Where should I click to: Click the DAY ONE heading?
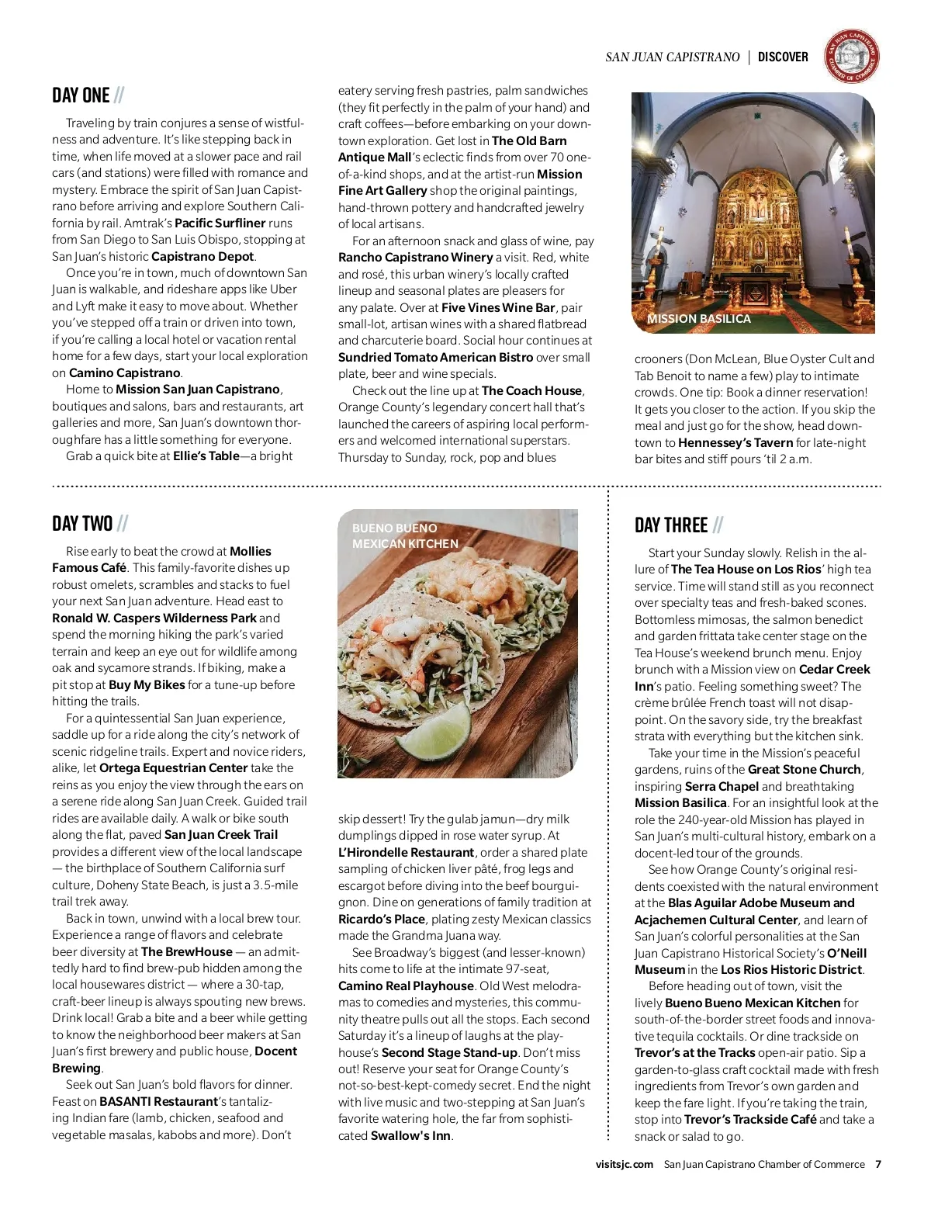click(81, 95)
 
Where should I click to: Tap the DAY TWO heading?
click(82, 524)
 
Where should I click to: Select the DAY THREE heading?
click(671, 525)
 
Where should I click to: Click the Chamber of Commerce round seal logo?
click(851, 57)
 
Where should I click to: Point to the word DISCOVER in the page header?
click(783, 57)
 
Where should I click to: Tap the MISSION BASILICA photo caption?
click(698, 319)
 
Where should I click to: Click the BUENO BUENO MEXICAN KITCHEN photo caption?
click(405, 535)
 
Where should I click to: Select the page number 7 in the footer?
click(878, 1164)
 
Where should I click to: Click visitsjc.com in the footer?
click(625, 1164)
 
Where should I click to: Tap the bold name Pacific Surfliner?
click(220, 223)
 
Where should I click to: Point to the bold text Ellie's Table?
click(206, 456)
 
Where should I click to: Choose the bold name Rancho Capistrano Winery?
click(415, 257)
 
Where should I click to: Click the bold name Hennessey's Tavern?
click(735, 442)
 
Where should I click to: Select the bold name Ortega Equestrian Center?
click(174, 767)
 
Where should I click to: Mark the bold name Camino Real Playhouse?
click(406, 986)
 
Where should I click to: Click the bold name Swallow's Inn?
click(410, 1135)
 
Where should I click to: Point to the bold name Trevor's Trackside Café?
click(749, 1119)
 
